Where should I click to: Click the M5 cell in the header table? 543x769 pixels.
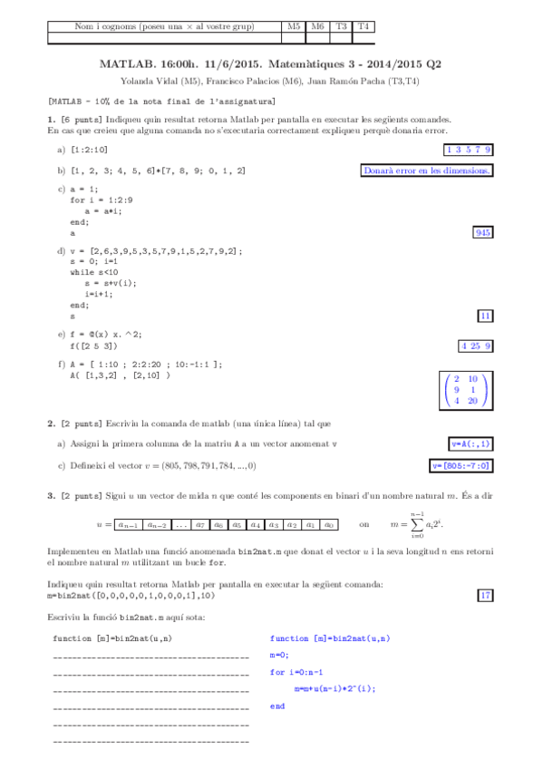293,27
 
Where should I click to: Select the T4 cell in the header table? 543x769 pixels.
364,27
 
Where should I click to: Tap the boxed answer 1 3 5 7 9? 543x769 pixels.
469,150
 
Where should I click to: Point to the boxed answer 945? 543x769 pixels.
483,233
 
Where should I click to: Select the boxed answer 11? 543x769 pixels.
485,316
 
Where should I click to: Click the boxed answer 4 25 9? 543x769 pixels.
476,346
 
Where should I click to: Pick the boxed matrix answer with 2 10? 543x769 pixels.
464,390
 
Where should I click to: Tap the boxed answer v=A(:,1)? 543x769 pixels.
471,443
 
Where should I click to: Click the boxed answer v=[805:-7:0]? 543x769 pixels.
461,465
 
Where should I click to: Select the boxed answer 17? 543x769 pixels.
485,595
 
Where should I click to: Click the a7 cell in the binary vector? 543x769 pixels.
200,524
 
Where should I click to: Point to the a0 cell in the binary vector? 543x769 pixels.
329,524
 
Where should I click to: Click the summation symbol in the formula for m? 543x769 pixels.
419,524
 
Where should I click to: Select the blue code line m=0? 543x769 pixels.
279,655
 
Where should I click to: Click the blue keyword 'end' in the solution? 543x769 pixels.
277,705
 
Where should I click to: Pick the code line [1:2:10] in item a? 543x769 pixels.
89,150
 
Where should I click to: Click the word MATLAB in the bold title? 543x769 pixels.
121,65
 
